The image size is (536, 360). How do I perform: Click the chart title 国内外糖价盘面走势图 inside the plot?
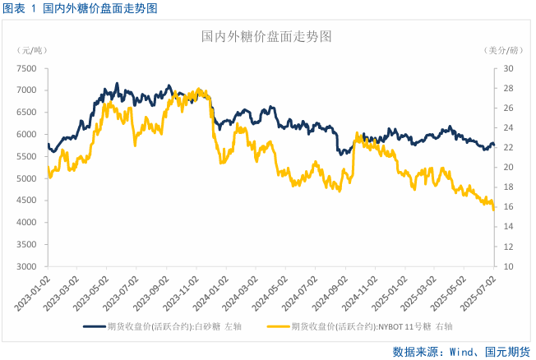267,37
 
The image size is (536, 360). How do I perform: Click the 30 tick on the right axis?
508,68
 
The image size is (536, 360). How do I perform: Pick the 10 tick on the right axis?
508,267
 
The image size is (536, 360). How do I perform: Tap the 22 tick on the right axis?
508,148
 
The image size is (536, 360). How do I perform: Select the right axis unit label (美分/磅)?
503,51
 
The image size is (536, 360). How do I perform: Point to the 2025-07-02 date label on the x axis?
479,291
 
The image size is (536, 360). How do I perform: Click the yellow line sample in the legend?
283,326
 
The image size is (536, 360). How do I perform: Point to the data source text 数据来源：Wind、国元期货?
460,351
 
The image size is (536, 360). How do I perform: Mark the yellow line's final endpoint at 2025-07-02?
493,209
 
